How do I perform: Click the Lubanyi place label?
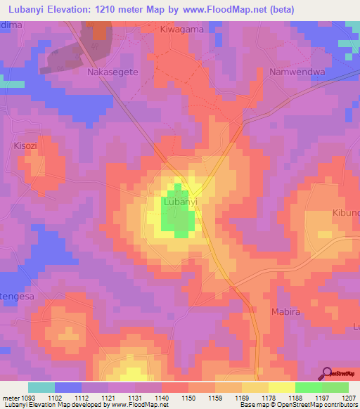click(180, 202)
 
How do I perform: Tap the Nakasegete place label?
click(112, 72)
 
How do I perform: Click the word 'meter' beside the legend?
click(10, 397)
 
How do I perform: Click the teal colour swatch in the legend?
click(41, 387)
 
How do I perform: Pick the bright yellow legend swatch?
click(281, 387)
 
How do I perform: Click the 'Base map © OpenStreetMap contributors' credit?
click(298, 405)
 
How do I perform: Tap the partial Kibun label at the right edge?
click(345, 212)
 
